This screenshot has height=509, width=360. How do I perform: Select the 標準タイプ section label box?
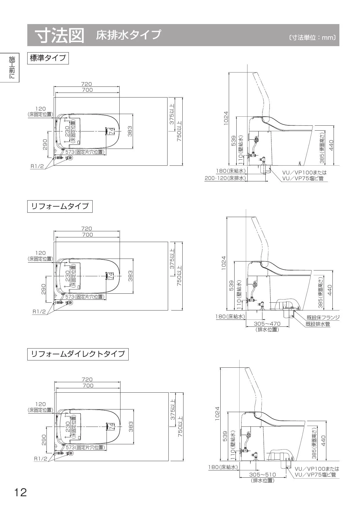48,58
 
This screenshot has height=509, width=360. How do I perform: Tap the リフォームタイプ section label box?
60,206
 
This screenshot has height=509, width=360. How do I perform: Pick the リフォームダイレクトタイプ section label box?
78,354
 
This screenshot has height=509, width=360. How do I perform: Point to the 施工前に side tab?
12,67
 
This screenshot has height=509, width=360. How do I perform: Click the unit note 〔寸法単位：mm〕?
312,38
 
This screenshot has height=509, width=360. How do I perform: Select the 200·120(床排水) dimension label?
225,178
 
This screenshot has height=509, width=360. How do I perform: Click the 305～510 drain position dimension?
262,475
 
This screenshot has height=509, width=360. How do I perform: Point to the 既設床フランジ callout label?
323,317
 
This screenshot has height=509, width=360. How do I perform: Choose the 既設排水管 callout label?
318,324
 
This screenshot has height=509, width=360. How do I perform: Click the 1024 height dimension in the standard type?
226,118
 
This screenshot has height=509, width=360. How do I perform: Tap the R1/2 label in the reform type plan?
39,312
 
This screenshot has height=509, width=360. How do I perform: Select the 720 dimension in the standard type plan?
86,84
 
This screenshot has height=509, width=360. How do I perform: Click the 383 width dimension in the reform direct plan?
131,427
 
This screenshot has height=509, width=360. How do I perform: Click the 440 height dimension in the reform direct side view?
324,441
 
